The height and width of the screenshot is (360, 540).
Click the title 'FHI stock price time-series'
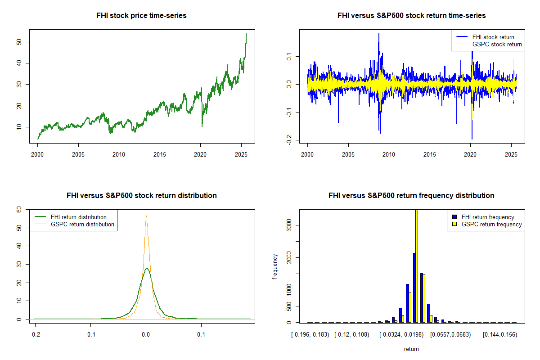point(141,15)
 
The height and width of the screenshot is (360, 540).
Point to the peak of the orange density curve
point(146,216)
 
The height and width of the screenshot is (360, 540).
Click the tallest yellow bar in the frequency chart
point(417,265)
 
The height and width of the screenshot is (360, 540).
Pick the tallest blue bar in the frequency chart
point(414,288)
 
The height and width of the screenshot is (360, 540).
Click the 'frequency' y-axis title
point(275,266)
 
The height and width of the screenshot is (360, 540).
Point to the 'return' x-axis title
point(411,349)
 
